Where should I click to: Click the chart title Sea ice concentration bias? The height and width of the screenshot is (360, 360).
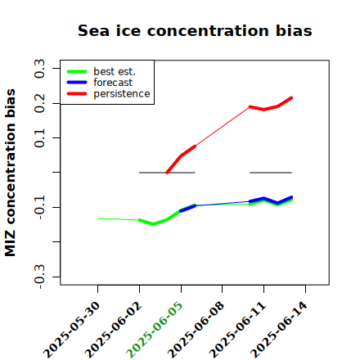coord(195,30)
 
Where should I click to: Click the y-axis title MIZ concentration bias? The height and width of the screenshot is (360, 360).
coord(11,173)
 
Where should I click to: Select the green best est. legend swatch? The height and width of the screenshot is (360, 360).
coord(77,72)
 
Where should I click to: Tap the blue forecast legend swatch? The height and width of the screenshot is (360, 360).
coord(77,83)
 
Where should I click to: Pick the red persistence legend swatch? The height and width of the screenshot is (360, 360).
coord(77,94)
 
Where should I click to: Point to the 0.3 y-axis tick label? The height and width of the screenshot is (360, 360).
coord(39,69)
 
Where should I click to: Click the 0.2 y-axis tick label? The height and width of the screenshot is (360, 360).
coord(39,103)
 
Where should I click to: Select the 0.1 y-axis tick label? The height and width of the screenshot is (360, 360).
coord(39,138)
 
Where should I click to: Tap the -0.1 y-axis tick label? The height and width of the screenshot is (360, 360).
coord(39,207)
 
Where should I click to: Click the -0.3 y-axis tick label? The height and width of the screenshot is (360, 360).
coord(39,277)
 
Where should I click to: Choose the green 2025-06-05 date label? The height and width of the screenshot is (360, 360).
coord(155,329)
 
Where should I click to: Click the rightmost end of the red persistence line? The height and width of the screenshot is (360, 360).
coord(291,98)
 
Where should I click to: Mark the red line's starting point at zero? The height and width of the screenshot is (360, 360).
coord(167,173)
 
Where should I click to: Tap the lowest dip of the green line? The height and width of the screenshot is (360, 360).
coord(153,224)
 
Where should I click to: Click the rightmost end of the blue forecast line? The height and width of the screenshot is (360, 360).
coord(291,197)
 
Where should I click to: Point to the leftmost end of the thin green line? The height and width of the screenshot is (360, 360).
coord(98,218)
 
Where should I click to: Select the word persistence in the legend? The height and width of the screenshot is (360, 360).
coord(122,94)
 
